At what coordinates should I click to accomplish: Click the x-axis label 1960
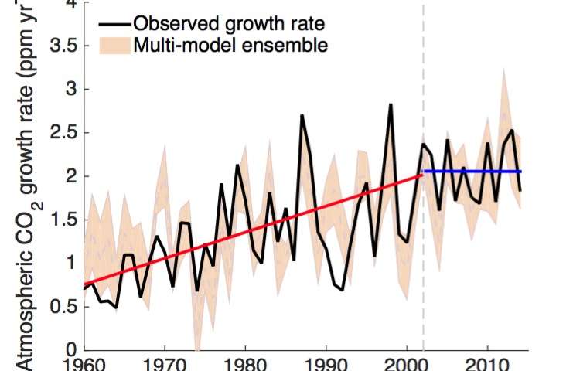[x=83, y=362]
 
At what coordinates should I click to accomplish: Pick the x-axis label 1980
[x=245, y=362]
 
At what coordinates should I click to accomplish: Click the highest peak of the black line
[x=391, y=104]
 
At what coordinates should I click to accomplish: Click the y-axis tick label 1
[x=70, y=263]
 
